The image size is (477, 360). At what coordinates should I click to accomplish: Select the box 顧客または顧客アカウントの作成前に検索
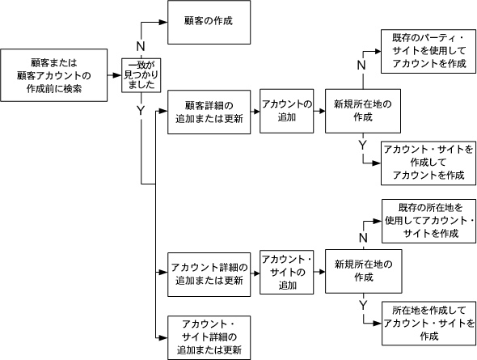tap(56, 75)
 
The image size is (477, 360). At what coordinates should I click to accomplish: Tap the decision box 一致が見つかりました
tap(141, 75)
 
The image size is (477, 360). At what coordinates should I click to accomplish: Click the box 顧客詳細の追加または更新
tap(208, 112)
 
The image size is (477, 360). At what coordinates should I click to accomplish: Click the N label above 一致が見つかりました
tap(141, 46)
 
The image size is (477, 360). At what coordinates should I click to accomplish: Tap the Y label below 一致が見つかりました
tap(141, 108)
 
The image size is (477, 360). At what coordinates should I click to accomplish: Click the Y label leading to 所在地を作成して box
tap(362, 304)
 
